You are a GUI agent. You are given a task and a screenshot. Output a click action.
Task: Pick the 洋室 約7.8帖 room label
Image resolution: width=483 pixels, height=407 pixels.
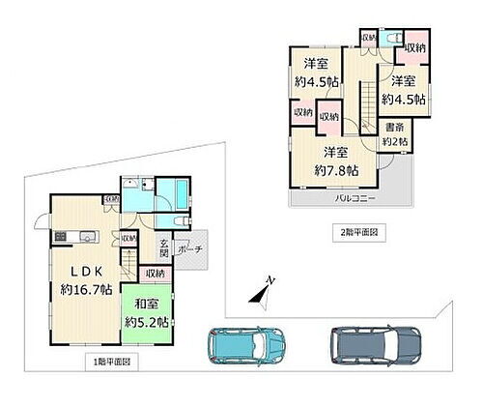coord(336,160)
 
